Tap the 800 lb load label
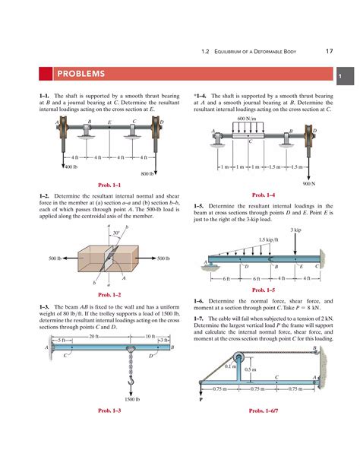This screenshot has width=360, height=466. coord(147,173)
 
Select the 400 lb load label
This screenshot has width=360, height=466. coord(71,166)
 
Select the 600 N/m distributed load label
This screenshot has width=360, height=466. coord(246,119)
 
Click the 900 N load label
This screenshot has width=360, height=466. coord(308,183)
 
